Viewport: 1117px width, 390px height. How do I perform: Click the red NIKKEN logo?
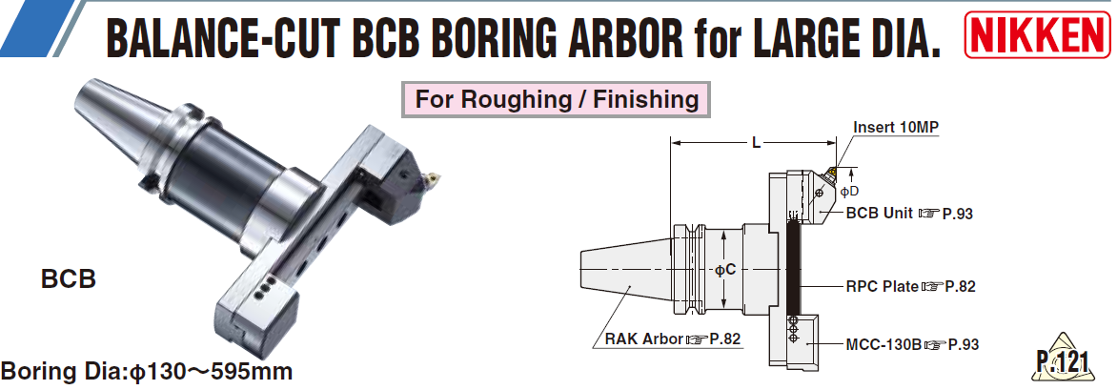coord(1039,34)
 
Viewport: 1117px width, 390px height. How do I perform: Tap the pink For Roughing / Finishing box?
coord(557,99)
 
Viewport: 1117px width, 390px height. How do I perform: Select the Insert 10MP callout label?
coord(896,128)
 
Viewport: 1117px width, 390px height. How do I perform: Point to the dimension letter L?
coord(757,143)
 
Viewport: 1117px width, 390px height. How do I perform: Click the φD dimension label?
coord(849,191)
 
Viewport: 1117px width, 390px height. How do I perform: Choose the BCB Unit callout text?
coord(909,214)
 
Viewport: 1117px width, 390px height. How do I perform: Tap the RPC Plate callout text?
coord(909,287)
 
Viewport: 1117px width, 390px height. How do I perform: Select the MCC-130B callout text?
coord(912,345)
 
